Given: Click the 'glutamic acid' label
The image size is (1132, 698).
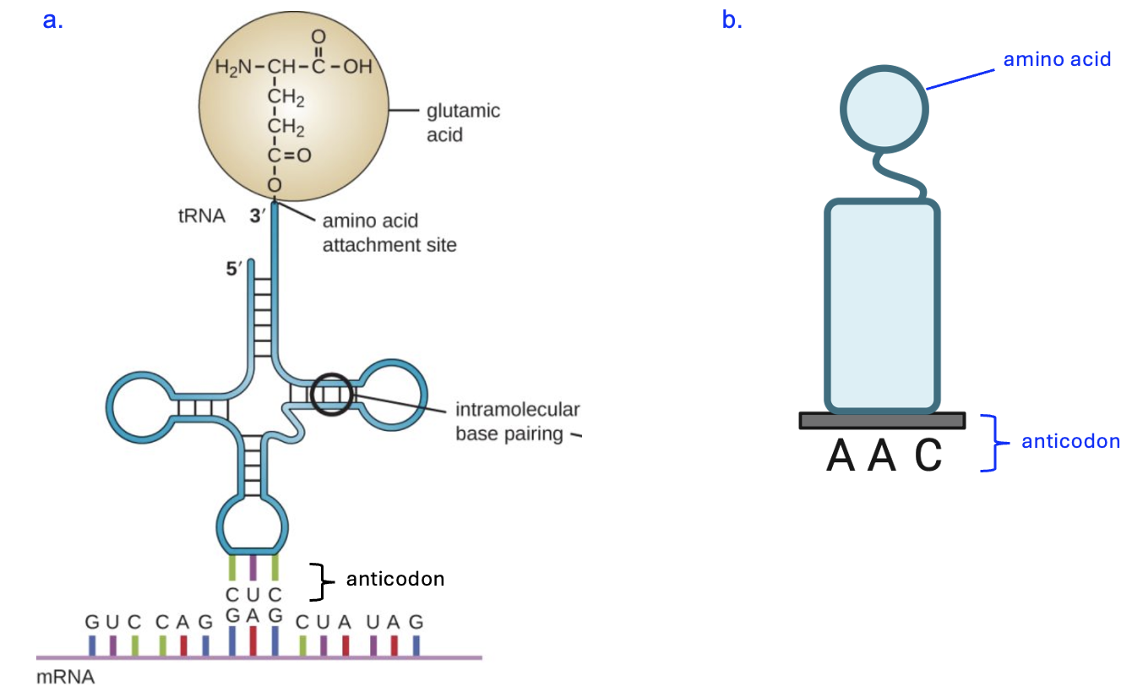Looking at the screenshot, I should click(x=463, y=123).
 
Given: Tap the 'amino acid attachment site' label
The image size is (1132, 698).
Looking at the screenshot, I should click(x=389, y=233).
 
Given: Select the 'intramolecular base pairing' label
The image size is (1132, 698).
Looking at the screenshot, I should click(x=517, y=422).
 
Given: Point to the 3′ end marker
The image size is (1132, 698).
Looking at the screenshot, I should click(x=257, y=215).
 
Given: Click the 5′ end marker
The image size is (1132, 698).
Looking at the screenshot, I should click(x=234, y=270).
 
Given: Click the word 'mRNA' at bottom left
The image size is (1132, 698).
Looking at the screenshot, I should click(x=66, y=678).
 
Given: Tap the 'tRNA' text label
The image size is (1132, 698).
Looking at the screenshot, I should click(x=202, y=215).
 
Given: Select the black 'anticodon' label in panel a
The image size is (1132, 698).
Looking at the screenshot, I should click(x=395, y=579).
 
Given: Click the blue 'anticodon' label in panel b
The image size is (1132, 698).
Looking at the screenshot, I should click(x=1070, y=441).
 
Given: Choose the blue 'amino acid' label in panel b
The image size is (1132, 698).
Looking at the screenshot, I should click(x=1056, y=59).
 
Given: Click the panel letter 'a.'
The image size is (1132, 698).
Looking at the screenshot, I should click(x=53, y=21).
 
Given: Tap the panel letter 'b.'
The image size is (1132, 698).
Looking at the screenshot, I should click(x=732, y=21).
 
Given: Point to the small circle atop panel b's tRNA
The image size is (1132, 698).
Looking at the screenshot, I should click(x=884, y=108).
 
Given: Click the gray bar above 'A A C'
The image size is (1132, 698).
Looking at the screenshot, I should click(x=882, y=421).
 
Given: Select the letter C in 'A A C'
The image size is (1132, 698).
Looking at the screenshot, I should click(x=928, y=457).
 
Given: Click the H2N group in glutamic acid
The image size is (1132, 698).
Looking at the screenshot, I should click(x=233, y=68).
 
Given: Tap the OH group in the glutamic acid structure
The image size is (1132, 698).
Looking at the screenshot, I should click(x=358, y=68).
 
